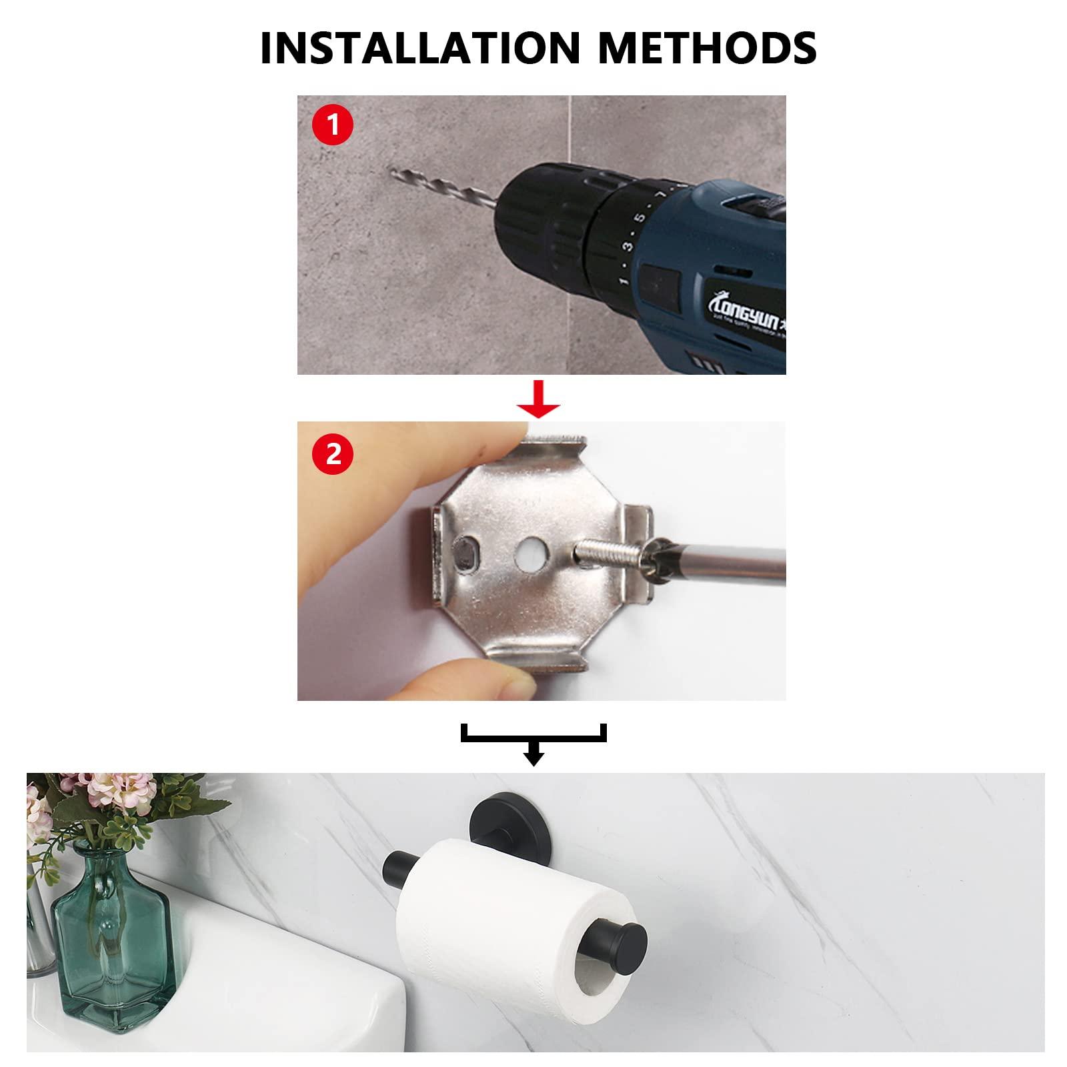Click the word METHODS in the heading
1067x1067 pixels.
[x=707, y=47]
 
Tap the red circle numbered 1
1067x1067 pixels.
[x=332, y=125]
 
